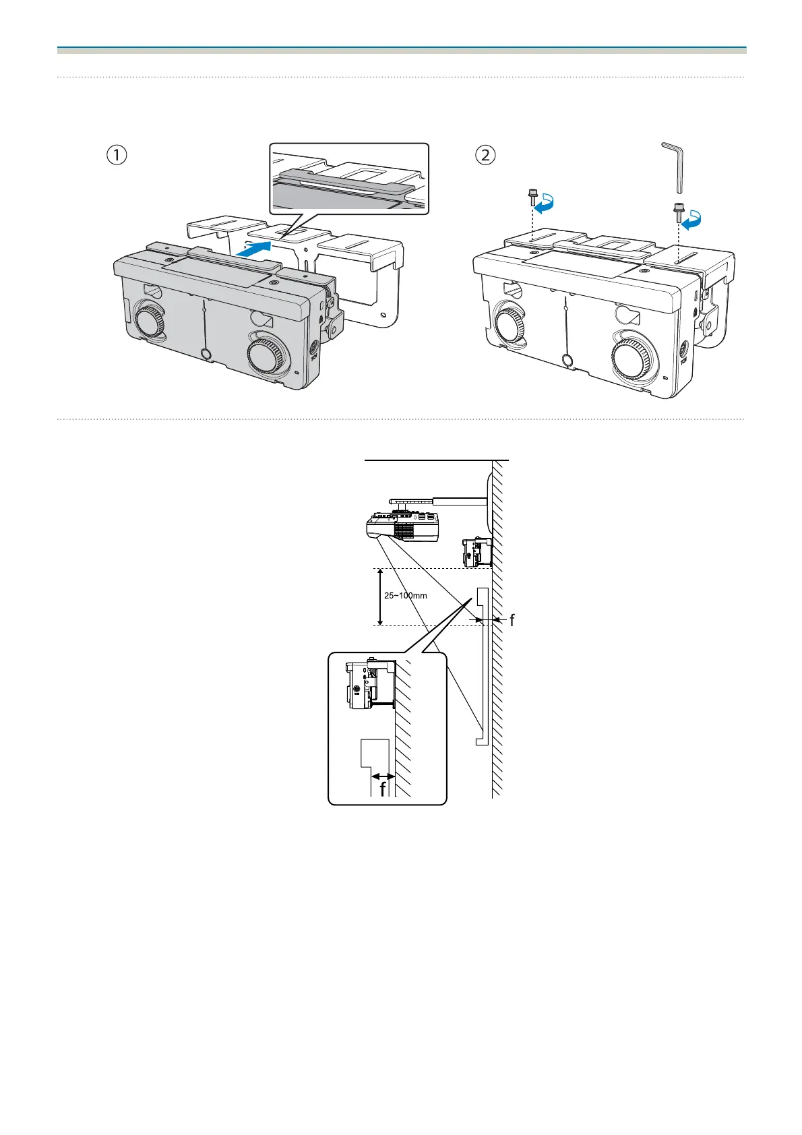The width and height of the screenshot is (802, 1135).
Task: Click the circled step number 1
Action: coord(117,155)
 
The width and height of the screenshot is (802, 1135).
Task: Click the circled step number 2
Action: coord(485,155)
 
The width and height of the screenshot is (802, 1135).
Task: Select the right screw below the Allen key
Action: coord(677,212)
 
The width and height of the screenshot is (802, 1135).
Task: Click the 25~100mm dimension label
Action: coord(406,596)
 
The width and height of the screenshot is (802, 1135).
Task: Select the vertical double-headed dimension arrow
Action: coord(381,597)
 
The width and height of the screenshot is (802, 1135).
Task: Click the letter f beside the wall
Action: coord(513,620)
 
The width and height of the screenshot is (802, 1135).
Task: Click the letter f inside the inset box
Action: coord(383,788)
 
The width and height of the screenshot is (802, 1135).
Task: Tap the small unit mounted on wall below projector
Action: coord(476,552)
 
